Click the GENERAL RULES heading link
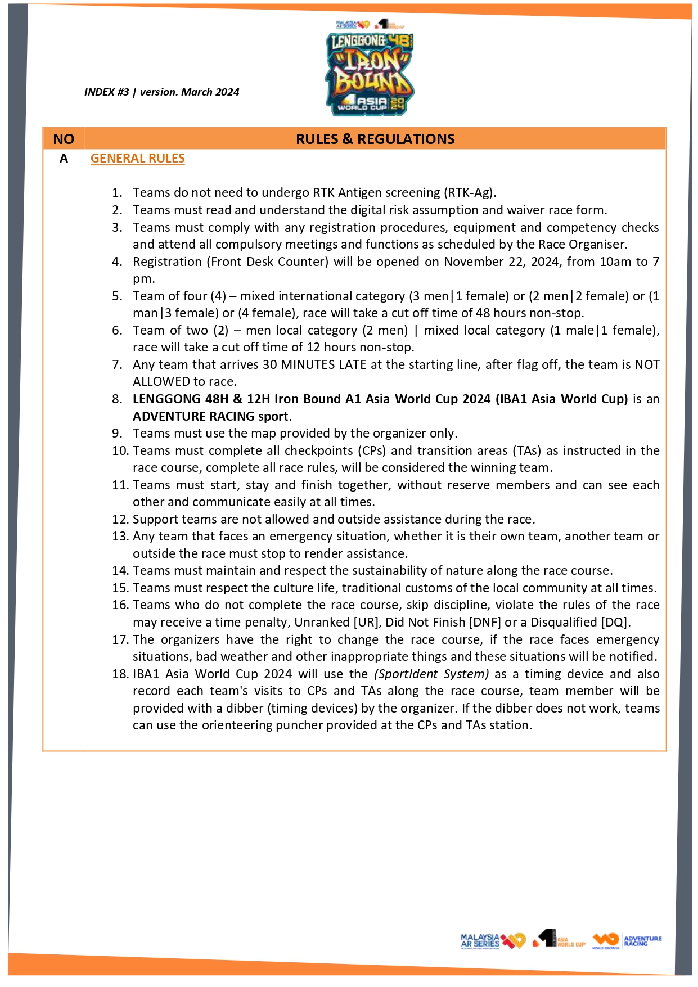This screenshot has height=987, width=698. [137, 159]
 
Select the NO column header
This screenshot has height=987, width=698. [64, 139]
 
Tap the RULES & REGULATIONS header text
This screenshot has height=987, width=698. [375, 139]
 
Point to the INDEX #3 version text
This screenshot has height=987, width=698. [161, 92]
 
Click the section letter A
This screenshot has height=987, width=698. [64, 159]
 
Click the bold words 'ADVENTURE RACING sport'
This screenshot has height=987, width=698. [210, 416]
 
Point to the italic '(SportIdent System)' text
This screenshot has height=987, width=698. [431, 674]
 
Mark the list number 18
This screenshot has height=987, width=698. [120, 674]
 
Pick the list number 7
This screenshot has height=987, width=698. [117, 364]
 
